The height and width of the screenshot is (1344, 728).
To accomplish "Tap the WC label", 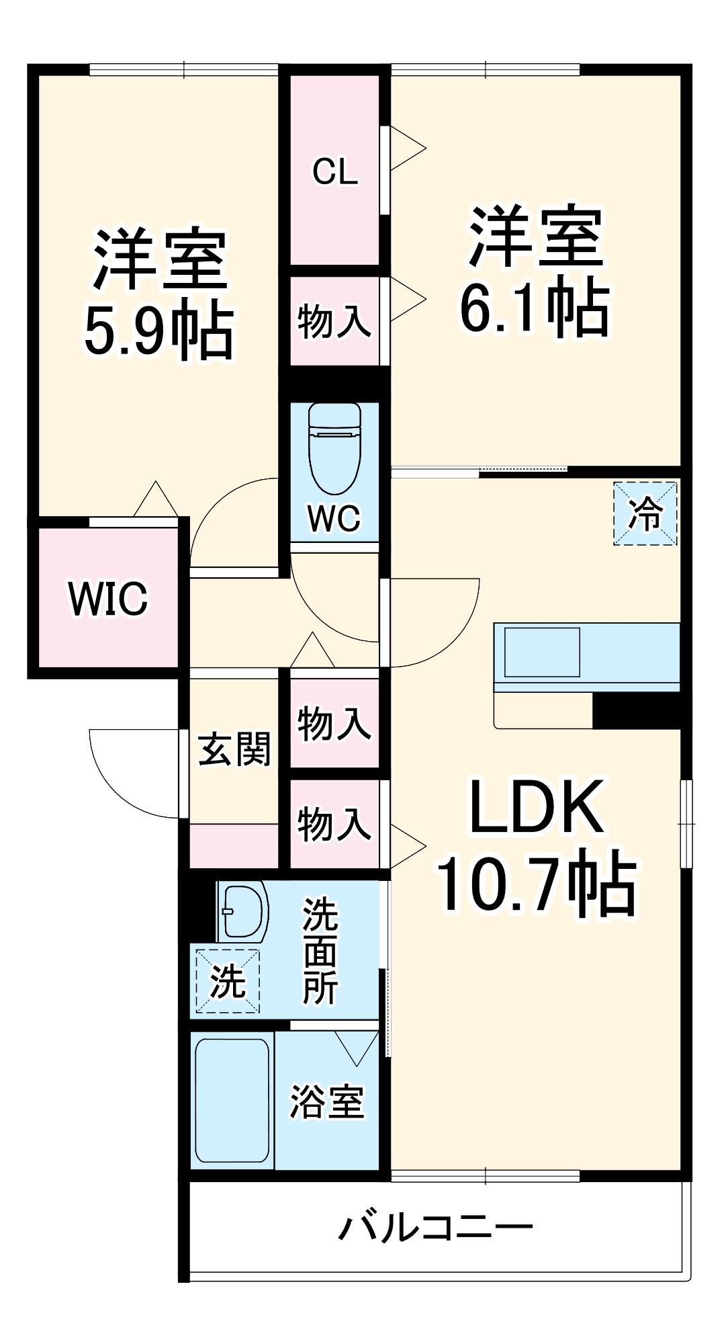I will click(x=334, y=518).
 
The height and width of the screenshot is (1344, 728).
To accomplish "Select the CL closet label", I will click(x=334, y=172).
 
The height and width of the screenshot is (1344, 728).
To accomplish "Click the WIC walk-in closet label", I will click(x=108, y=598).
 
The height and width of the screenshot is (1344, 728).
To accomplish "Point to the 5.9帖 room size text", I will click(x=159, y=332).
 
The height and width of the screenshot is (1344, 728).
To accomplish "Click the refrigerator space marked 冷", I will click(x=645, y=513).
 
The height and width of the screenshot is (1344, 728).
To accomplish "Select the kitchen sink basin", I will click(x=542, y=652).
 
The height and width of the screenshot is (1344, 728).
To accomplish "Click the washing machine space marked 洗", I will click(x=228, y=981).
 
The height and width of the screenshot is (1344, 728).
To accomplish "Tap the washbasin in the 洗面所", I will click(x=243, y=911).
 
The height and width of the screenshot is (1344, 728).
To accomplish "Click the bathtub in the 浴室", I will click(x=232, y=1100).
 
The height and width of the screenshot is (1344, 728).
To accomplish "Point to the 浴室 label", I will click(x=327, y=1102).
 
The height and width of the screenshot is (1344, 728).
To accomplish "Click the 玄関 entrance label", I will click(x=234, y=749).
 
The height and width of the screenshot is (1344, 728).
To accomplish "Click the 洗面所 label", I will click(x=320, y=951).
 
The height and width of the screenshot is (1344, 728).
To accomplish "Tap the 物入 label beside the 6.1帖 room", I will click(x=334, y=321).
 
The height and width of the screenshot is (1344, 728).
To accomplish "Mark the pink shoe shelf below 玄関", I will click(x=234, y=845).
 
